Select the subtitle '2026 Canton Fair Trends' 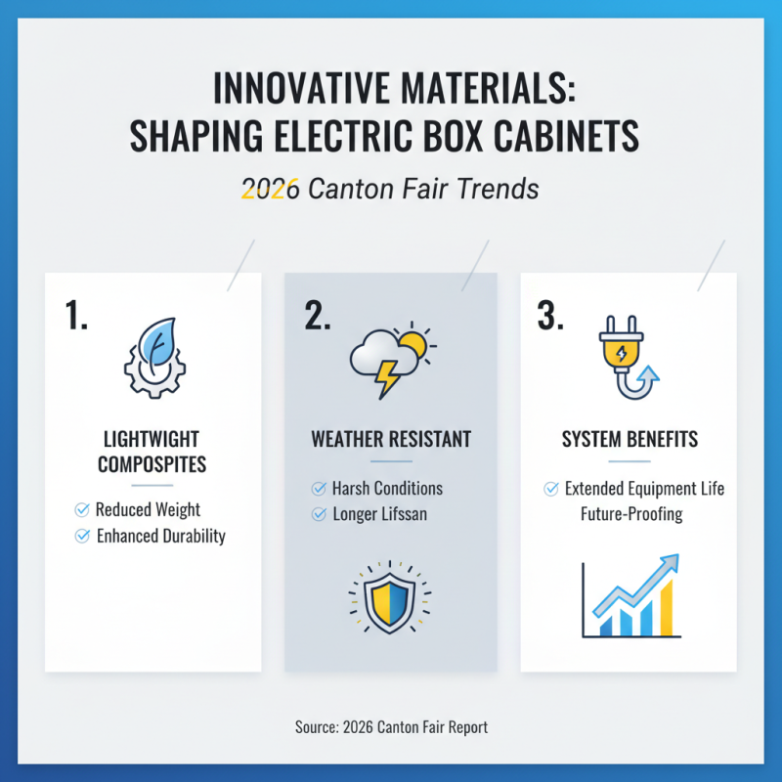(x=390, y=188)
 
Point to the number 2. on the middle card (x=319, y=315)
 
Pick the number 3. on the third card (x=551, y=317)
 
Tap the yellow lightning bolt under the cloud (x=388, y=377)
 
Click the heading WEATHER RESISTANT (x=390, y=439)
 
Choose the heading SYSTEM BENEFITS (x=630, y=439)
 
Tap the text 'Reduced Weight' (x=148, y=509)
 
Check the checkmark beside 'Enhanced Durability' (x=81, y=536)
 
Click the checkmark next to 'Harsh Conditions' (x=318, y=488)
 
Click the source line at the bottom (x=390, y=727)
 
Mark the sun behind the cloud (x=414, y=342)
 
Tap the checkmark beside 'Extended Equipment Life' (x=551, y=488)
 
